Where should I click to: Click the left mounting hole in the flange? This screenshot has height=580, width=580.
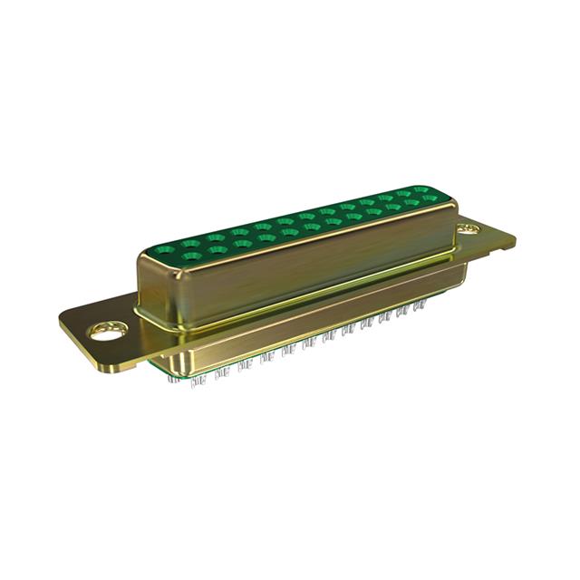[x=107, y=331]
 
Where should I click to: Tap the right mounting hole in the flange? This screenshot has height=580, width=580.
[x=469, y=230]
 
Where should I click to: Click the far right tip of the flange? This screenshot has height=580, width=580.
[x=514, y=239]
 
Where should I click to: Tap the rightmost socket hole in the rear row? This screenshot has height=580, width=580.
[x=419, y=191]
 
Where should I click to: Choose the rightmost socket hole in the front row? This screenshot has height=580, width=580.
[x=431, y=199]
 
